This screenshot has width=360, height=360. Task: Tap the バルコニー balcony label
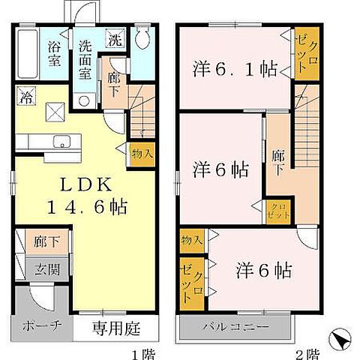[x=233, y=326]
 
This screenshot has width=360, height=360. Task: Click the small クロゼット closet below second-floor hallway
[x=278, y=209]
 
